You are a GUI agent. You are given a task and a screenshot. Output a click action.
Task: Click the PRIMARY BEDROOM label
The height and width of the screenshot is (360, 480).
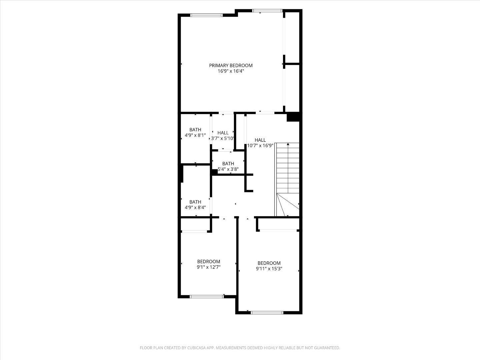(231, 65)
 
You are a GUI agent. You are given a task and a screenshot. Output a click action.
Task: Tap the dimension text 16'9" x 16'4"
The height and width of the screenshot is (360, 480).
(231, 71)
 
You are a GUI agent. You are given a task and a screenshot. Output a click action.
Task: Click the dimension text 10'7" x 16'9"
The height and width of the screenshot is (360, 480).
(260, 146)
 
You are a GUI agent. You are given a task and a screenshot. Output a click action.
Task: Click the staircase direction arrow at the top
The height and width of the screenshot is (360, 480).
(288, 144)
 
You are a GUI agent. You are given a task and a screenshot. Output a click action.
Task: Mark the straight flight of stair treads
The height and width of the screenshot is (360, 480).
(287, 168)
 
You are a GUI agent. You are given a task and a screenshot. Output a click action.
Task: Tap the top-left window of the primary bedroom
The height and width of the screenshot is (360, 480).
(206, 15)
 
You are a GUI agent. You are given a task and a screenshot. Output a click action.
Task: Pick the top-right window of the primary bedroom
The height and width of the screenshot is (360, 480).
(268, 11)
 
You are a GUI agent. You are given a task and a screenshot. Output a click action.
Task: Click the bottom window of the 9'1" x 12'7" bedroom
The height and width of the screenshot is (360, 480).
(206, 296)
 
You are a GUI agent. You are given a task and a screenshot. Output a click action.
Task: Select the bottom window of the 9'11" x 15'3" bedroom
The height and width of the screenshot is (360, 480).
(267, 313)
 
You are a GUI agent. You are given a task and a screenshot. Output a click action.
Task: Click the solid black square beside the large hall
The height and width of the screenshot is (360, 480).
(293, 117)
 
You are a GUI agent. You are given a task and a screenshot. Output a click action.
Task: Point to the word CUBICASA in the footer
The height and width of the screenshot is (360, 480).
(195, 348)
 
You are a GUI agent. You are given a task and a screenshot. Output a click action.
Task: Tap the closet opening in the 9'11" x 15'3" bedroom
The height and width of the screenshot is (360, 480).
(278, 230)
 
